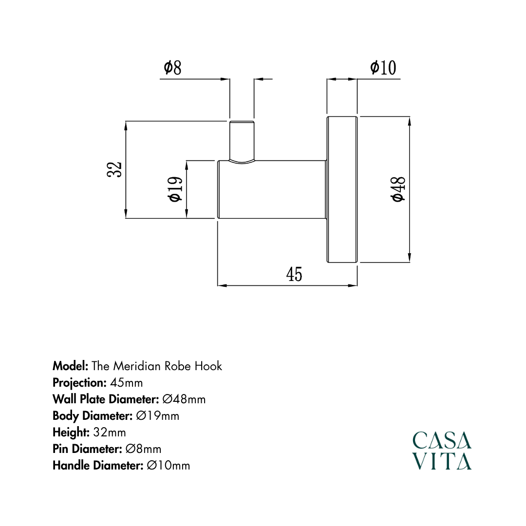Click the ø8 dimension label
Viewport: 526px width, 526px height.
[172, 68]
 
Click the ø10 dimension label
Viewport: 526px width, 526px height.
[383, 68]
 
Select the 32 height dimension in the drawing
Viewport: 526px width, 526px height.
[115, 170]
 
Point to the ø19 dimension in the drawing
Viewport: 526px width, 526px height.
[175, 189]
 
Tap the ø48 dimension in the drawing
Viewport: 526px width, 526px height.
[398, 189]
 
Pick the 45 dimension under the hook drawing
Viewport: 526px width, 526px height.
[294, 275]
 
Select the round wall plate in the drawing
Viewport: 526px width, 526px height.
[342, 189]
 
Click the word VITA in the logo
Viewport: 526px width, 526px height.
[442, 461]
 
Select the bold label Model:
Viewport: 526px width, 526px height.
[70, 366]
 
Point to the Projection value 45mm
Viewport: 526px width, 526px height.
[127, 382]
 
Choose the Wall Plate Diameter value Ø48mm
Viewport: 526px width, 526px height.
[184, 399]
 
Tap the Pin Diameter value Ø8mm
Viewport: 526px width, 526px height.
[143, 449]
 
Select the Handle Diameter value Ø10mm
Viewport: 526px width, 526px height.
[168, 466]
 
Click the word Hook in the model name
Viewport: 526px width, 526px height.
[208, 366]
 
